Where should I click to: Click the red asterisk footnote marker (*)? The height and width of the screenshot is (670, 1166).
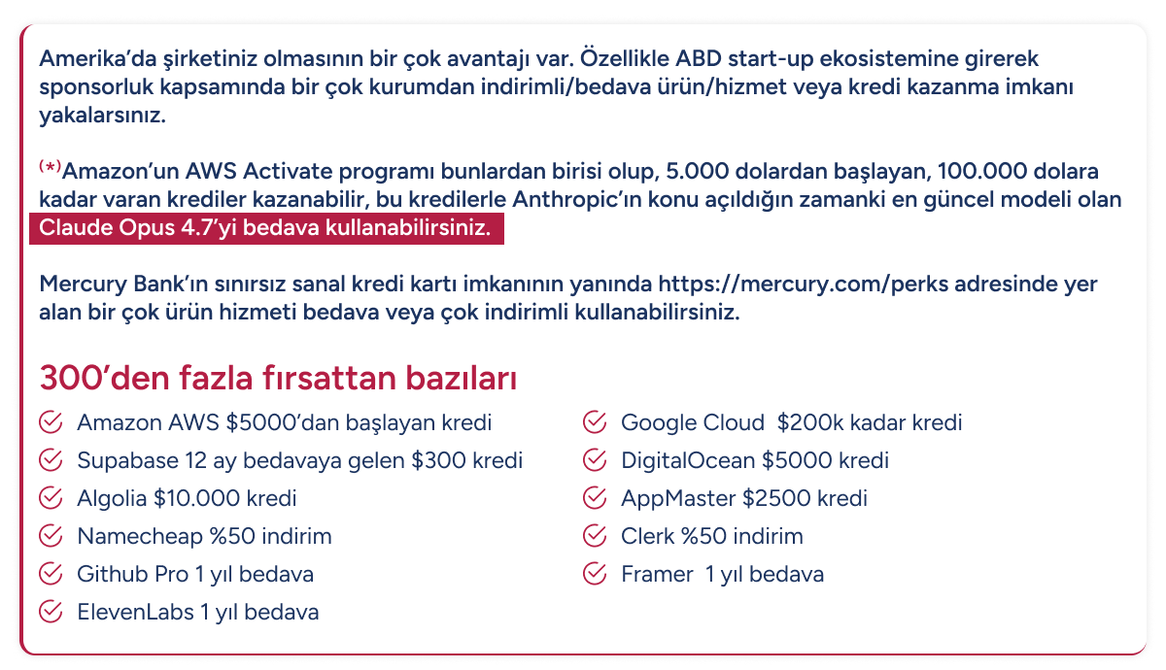[50, 167]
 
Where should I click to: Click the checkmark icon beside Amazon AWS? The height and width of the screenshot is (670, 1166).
[51, 422]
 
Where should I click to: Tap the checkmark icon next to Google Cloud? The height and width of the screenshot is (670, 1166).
[595, 422]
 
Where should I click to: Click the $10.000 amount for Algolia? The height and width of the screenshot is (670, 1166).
[196, 498]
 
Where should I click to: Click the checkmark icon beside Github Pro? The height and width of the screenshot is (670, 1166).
[51, 574]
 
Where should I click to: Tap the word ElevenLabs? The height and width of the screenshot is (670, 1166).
[135, 613]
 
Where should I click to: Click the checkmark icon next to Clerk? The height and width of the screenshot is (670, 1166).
[595, 536]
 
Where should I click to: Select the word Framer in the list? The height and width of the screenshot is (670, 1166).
[657, 574]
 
